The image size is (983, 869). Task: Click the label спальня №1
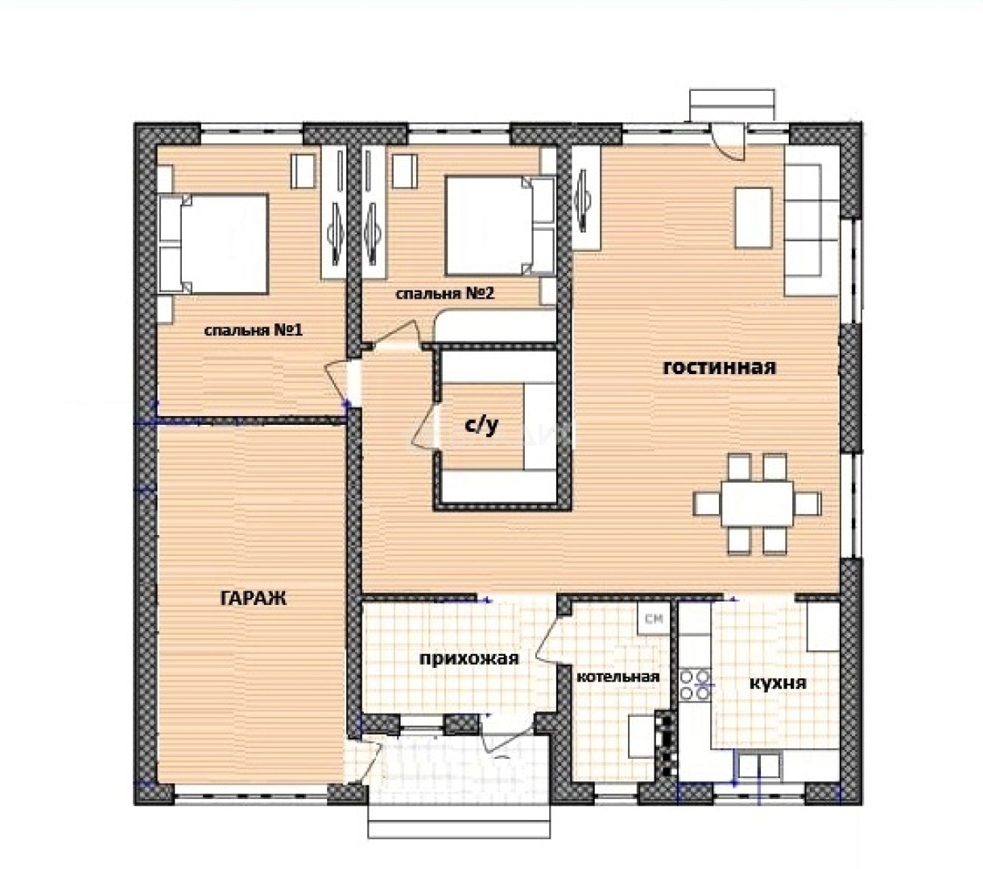click(254, 331)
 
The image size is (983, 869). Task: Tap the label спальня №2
click(445, 294)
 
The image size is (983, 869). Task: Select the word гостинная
click(720, 368)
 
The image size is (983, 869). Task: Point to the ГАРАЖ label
click(254, 599)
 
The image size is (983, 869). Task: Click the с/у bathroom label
click(481, 426)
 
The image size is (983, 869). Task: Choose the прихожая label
click(469, 658)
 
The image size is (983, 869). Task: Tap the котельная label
click(618, 677)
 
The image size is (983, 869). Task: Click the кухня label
click(778, 684)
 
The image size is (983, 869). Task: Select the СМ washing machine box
click(654, 618)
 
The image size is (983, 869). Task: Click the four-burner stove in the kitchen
click(695, 684)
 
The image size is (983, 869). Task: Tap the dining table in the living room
click(757, 504)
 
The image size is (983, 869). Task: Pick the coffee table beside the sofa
click(754, 218)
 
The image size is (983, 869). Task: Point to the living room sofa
click(812, 220)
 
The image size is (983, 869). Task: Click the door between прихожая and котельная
click(548, 639)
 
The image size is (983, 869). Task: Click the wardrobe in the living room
click(587, 198)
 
